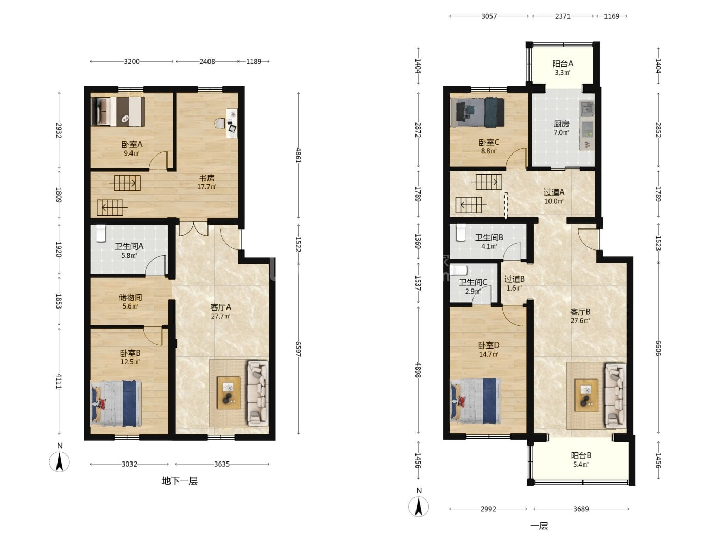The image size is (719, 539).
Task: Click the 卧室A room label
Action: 131,144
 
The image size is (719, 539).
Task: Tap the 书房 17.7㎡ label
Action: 206,182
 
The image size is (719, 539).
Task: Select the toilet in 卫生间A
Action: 101,234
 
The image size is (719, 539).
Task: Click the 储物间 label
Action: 130,297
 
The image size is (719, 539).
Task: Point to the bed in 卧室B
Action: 116,403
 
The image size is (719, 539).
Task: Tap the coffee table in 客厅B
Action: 586,395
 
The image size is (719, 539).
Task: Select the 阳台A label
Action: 562,64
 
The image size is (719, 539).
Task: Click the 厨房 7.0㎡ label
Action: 561,128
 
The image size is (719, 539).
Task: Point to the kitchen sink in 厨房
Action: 587,109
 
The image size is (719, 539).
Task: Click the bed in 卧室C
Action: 478,112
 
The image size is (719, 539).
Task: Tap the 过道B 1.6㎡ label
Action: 514,283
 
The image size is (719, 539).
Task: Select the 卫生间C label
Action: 472,282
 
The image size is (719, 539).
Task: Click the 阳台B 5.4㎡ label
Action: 581,459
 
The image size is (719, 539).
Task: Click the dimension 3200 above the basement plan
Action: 131,61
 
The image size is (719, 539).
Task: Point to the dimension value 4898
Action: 418,370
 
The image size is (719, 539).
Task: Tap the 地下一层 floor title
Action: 180,481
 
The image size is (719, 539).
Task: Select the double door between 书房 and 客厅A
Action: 193,228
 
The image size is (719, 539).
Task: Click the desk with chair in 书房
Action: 229,123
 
